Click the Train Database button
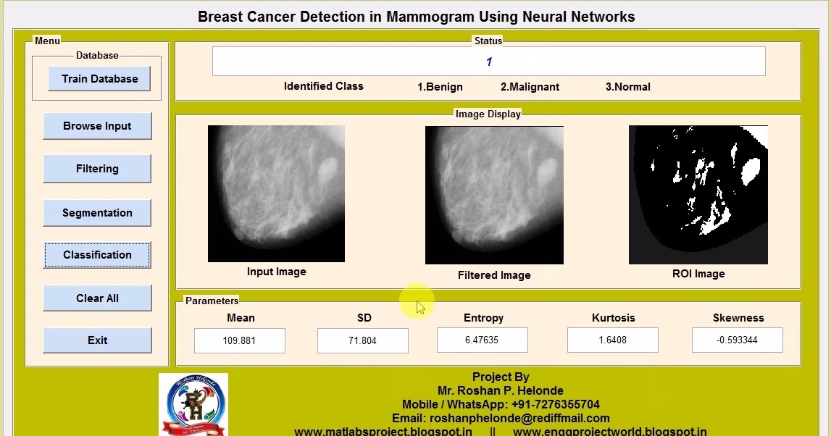tap(99, 79)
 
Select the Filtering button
tap(97, 169)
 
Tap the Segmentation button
tap(97, 213)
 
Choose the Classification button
tap(97, 255)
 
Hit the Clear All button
tap(97, 298)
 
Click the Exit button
tap(97, 340)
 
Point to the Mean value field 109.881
tap(240, 340)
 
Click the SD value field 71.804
tap(362, 340)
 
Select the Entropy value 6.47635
tap(482, 340)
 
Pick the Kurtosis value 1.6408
tap(612, 340)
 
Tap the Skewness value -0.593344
tap(737, 340)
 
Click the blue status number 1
tap(489, 62)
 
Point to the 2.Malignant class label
tap(530, 87)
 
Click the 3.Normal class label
tap(627, 87)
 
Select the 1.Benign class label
tap(440, 87)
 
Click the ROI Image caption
tap(698, 274)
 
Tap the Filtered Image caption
tap(494, 275)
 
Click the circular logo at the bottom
tap(193, 405)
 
